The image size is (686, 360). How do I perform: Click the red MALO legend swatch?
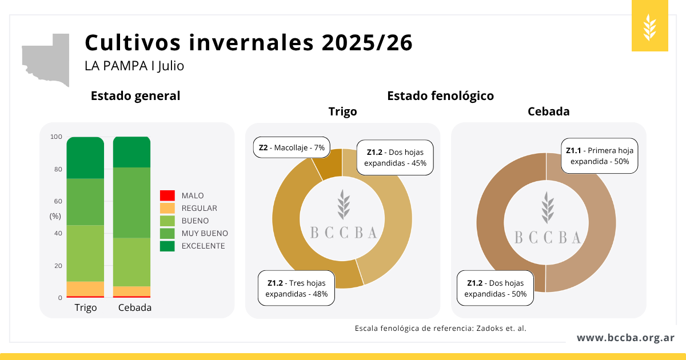(x=167, y=195)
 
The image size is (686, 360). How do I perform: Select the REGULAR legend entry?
(x=199, y=208)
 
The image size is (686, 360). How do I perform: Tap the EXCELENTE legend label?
(x=203, y=246)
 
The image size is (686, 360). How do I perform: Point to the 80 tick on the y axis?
(x=58, y=169)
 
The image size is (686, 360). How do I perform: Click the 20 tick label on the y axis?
(x=58, y=266)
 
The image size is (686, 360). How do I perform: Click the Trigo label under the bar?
(x=86, y=307)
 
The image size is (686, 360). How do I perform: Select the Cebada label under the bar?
(x=135, y=307)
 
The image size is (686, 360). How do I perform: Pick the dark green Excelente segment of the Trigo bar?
(x=85, y=158)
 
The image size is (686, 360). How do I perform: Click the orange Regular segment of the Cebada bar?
(x=131, y=291)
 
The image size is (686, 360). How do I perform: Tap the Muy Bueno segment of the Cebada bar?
(x=131, y=202)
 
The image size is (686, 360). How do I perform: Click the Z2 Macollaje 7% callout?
(x=292, y=147)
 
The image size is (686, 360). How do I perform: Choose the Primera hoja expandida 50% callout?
(x=599, y=155)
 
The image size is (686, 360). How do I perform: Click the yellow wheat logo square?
(x=650, y=26)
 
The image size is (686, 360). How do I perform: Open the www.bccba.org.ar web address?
(x=625, y=338)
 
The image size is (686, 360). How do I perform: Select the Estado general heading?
(x=135, y=96)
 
